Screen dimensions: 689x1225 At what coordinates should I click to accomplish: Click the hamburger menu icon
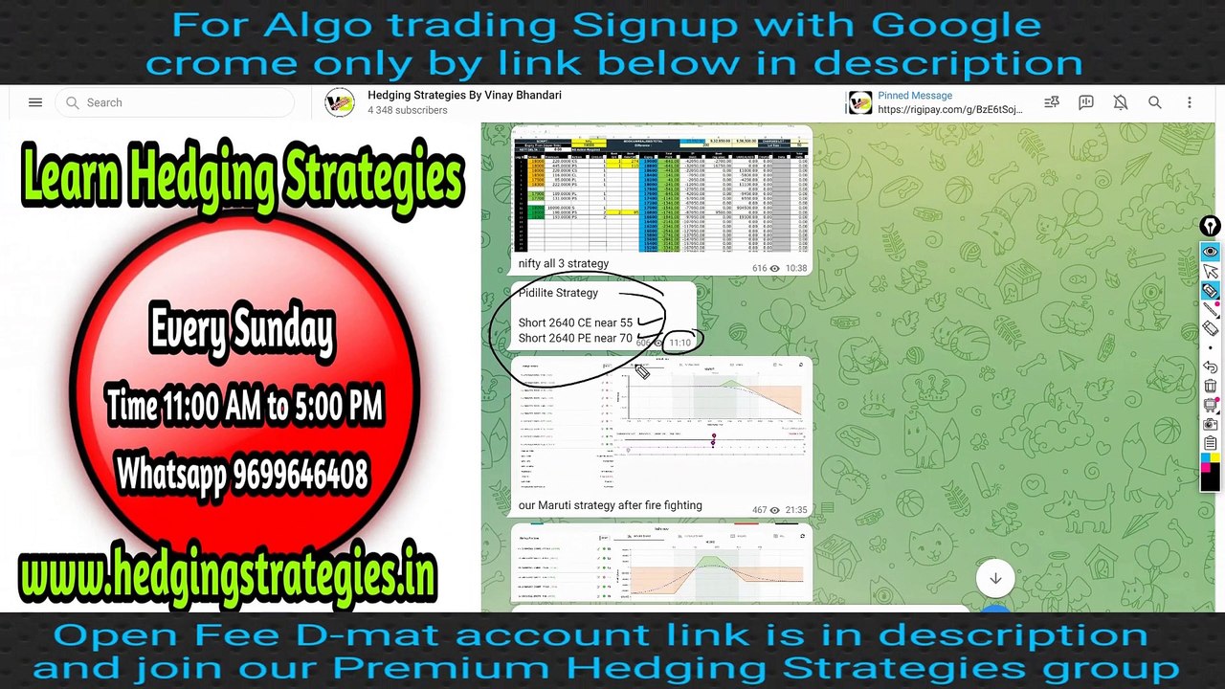click(x=35, y=102)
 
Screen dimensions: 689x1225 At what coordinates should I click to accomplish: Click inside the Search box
click(x=172, y=102)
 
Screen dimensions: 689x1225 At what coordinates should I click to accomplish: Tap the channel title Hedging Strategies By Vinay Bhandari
click(x=464, y=96)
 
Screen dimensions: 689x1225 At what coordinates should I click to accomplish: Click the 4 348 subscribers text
click(x=407, y=111)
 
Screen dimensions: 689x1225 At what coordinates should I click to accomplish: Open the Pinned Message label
click(x=915, y=96)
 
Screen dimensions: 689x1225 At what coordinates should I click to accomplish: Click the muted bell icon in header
click(x=1121, y=102)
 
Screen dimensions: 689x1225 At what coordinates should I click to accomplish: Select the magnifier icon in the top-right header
click(x=1155, y=102)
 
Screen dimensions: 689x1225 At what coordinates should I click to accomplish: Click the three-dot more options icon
click(x=1190, y=102)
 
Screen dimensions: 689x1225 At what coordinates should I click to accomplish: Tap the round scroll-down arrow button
click(x=995, y=578)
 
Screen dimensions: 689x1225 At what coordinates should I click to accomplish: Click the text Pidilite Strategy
click(x=558, y=293)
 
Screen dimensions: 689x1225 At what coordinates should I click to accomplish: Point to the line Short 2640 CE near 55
click(x=575, y=322)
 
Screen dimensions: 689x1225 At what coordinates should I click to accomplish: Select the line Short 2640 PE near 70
click(x=575, y=338)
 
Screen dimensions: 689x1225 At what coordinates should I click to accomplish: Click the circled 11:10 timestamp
click(x=679, y=343)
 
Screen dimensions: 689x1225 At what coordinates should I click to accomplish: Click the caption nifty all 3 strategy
click(x=563, y=263)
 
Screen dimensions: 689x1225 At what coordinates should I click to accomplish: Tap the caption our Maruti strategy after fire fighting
click(x=610, y=505)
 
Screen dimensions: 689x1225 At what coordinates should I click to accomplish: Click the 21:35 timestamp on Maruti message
click(x=795, y=510)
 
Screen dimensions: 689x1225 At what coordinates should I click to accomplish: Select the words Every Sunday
click(x=242, y=331)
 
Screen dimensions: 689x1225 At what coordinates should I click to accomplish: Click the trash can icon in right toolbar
click(x=1211, y=386)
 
